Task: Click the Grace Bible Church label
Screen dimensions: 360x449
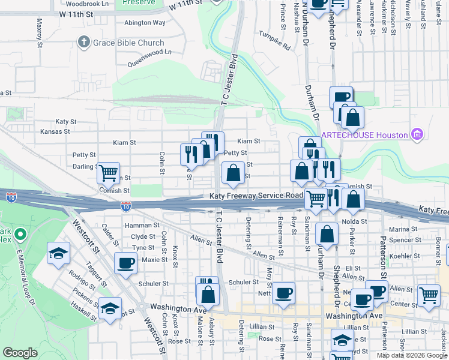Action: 128,43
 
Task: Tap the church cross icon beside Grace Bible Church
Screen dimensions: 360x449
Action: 83,43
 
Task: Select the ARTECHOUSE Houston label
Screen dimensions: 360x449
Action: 363,135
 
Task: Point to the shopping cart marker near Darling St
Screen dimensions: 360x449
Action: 109,173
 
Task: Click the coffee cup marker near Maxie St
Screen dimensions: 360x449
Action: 126,262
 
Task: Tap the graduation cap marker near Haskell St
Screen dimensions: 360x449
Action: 110,308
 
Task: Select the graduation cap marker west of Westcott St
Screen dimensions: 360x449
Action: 59,253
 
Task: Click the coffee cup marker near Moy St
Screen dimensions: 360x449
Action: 283,293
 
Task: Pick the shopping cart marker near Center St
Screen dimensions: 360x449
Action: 429,295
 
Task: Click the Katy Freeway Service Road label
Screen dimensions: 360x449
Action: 256,196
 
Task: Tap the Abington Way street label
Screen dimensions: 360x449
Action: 145,23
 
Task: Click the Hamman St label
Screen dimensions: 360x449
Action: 137,225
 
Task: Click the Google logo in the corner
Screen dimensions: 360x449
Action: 20,353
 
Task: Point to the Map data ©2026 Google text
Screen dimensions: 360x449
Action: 411,355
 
